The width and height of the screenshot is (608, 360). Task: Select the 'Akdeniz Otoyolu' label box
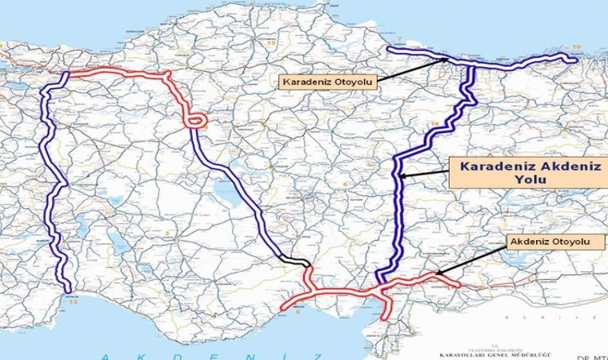tap(551, 241)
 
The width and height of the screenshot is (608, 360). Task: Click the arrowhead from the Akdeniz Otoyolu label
tap(439, 276)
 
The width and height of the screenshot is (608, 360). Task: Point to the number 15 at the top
tap(271, 42)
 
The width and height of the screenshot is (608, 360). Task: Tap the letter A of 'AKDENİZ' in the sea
tap(97, 354)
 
